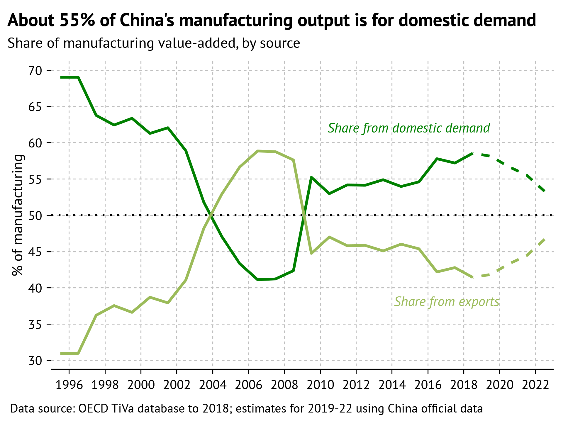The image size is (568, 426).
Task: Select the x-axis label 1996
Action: tap(69, 385)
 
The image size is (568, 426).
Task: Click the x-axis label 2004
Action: tap(213, 385)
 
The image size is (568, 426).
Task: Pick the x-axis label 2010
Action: tap(320, 385)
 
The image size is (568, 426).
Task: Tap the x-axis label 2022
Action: tap(535, 385)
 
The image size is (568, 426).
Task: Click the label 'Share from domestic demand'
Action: tap(408, 128)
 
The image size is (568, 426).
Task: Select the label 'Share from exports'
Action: tap(447, 302)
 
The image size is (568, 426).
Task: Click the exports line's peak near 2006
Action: tap(257, 151)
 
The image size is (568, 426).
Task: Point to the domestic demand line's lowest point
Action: tap(257, 280)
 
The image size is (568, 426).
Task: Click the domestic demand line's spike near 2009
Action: tap(311, 177)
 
